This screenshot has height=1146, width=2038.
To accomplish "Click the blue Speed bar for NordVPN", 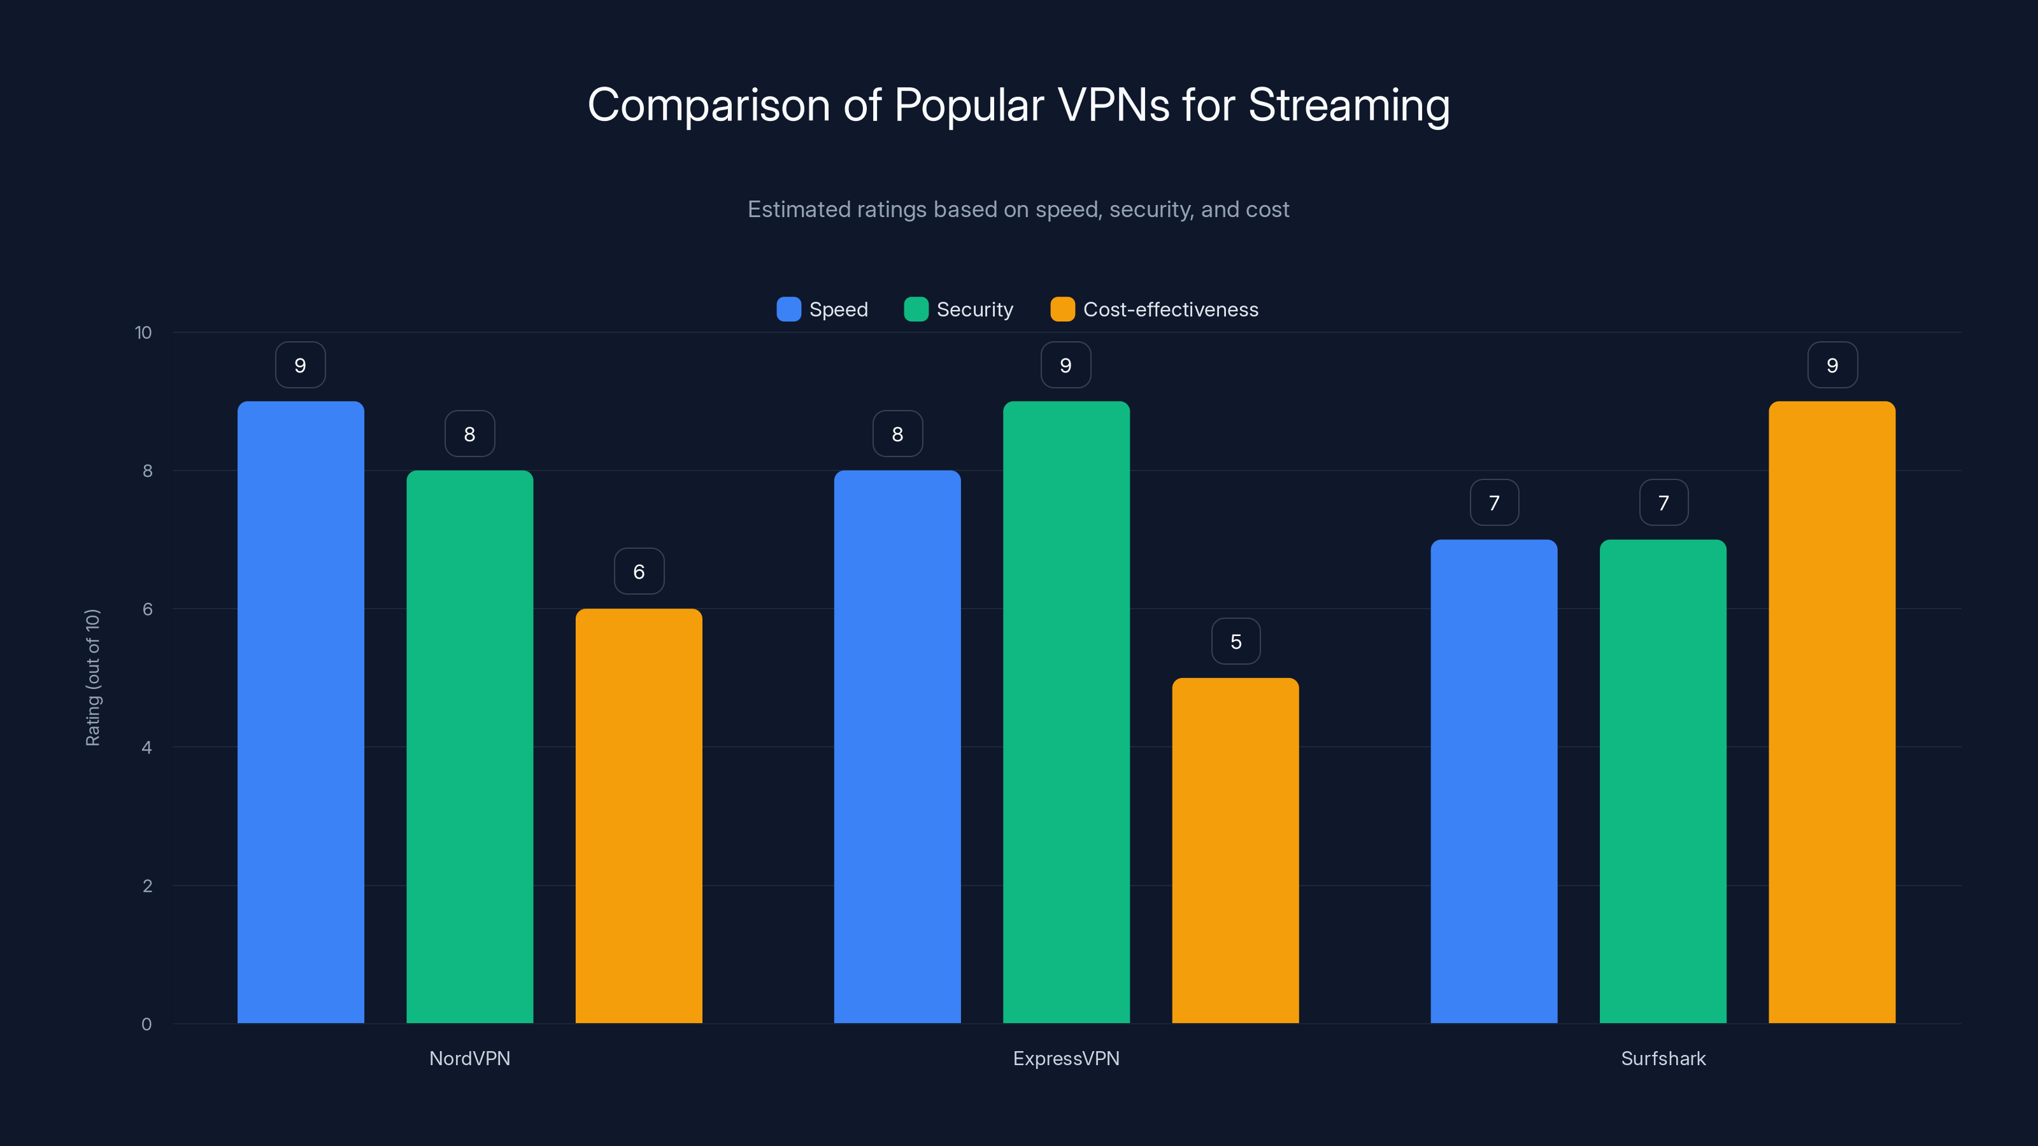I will (301, 712).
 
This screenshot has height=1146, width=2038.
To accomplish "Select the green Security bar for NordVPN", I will (470, 747).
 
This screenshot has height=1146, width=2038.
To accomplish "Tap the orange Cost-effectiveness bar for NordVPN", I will (638, 816).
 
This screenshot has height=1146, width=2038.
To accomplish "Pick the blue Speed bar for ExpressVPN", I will (897, 747).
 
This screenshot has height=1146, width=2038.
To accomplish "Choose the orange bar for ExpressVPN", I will (1235, 850).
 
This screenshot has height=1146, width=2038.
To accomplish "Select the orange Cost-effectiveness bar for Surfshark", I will (1832, 712).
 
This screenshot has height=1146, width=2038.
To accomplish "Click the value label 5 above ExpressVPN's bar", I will (1236, 641).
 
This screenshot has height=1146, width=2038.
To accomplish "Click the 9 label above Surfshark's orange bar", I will (1832, 365).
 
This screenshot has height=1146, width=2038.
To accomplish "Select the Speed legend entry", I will (823, 309).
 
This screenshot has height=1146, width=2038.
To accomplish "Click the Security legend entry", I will (959, 309).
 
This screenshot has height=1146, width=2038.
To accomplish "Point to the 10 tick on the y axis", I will (143, 332).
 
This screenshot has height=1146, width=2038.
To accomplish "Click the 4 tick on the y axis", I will (146, 747).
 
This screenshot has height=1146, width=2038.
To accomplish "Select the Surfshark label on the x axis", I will (1663, 1058).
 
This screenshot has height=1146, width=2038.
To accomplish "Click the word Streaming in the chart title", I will (1348, 105).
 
